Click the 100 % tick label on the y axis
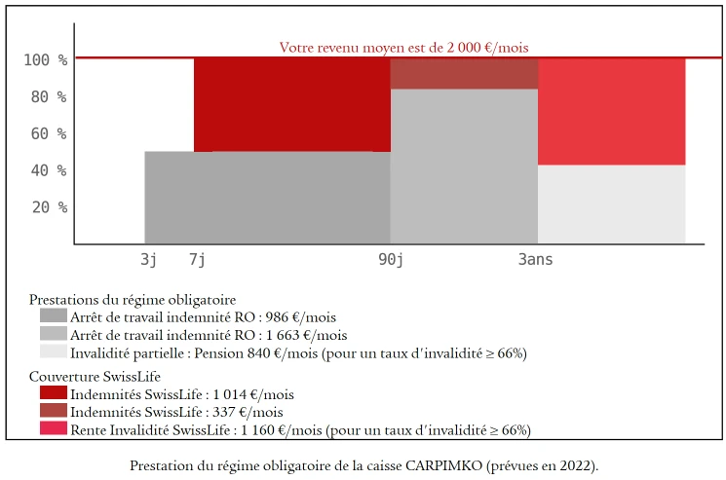[x=45, y=60]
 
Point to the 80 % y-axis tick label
[x=49, y=97]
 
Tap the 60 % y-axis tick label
[x=49, y=133]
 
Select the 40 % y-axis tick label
[x=49, y=170]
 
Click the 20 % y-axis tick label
[x=49, y=207]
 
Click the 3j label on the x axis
[x=148, y=260]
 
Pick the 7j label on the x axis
[x=197, y=260]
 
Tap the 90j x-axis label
[x=391, y=260]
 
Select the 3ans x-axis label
[x=535, y=260]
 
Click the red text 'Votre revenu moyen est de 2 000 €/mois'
[x=403, y=47]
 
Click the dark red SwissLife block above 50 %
[x=292, y=104]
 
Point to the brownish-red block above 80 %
[x=464, y=74]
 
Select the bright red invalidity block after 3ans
[x=611, y=111]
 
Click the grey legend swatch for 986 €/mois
[x=54, y=316]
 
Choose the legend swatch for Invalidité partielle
[x=54, y=351]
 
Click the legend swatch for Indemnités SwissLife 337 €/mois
[x=54, y=411]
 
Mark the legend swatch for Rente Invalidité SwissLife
[x=54, y=428]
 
